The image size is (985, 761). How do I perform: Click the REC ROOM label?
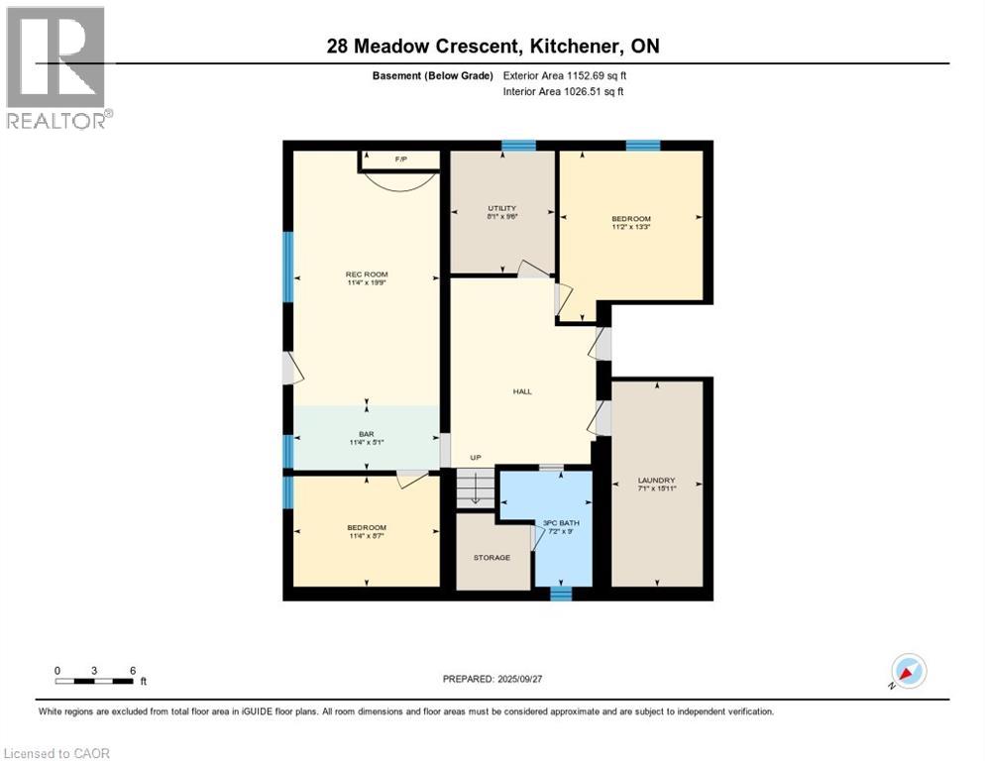point(367,274)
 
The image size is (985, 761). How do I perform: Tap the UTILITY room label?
point(502,208)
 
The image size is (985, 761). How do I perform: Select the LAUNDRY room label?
point(656,481)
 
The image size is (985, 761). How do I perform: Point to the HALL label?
point(522,391)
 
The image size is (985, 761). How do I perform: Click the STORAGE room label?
point(492,558)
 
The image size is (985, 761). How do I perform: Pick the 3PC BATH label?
point(561,523)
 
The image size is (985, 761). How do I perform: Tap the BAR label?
point(367,434)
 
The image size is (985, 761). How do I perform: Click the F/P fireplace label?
point(401,159)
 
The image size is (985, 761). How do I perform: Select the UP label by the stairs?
point(476,458)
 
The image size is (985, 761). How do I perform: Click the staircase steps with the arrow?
point(476,489)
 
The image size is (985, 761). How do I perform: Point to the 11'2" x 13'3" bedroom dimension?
point(631,227)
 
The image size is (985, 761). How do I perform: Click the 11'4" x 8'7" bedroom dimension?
point(367,536)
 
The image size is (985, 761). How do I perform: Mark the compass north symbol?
point(909,672)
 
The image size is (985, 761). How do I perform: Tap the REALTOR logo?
point(56,67)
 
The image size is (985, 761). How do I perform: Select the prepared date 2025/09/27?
point(519,679)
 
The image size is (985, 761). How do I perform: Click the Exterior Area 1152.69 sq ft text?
point(565,75)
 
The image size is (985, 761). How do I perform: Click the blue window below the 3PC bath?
point(561,594)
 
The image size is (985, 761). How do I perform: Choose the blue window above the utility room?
point(518,146)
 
